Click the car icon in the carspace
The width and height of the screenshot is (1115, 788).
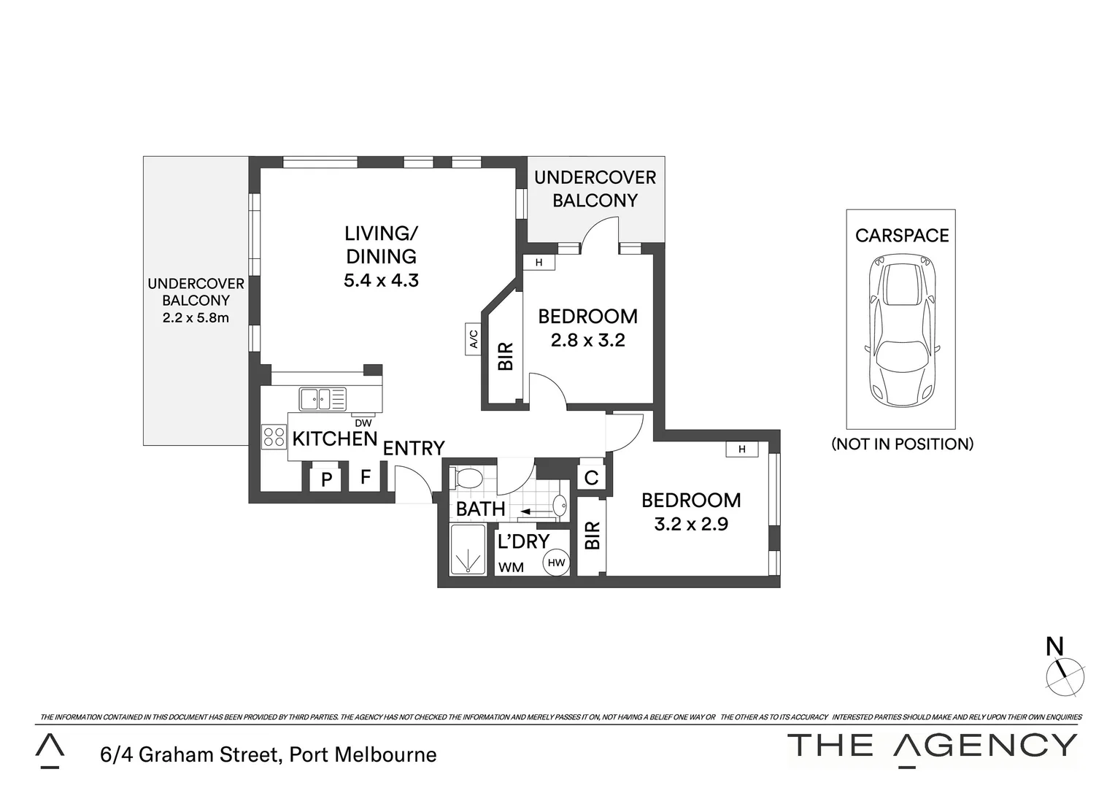(x=900, y=331)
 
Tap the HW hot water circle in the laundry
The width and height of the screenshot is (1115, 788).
(x=556, y=563)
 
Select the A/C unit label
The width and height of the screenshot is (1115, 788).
(x=473, y=339)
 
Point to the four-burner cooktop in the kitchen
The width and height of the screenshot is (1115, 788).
(x=275, y=437)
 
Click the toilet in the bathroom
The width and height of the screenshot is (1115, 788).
(x=468, y=479)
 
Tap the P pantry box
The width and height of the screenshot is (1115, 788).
(x=326, y=479)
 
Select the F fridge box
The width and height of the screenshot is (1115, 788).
(x=366, y=478)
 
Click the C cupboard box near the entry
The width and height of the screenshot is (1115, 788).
(x=592, y=478)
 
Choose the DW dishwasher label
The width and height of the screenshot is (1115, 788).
(x=363, y=422)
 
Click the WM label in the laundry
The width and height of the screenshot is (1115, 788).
(x=511, y=567)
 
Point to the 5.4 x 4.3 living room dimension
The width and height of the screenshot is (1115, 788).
(x=381, y=280)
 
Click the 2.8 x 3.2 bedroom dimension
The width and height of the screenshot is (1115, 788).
(x=587, y=340)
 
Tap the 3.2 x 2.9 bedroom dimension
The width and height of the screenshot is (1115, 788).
(x=691, y=523)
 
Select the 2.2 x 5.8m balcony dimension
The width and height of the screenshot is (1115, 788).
(x=196, y=317)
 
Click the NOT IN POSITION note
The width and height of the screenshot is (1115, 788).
(x=902, y=444)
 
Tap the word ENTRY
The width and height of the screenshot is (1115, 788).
(x=414, y=448)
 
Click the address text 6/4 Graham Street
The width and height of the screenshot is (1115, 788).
(x=269, y=754)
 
